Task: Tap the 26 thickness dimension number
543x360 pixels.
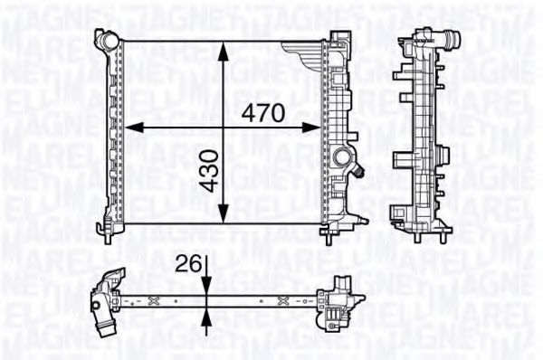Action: [187, 264]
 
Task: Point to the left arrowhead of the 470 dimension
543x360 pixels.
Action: [129, 128]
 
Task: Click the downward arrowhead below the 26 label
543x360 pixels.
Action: [207, 285]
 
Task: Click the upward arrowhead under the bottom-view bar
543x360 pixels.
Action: [207, 314]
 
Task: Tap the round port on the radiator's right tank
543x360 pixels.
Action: [344, 161]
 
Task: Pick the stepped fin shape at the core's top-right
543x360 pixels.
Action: [301, 48]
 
